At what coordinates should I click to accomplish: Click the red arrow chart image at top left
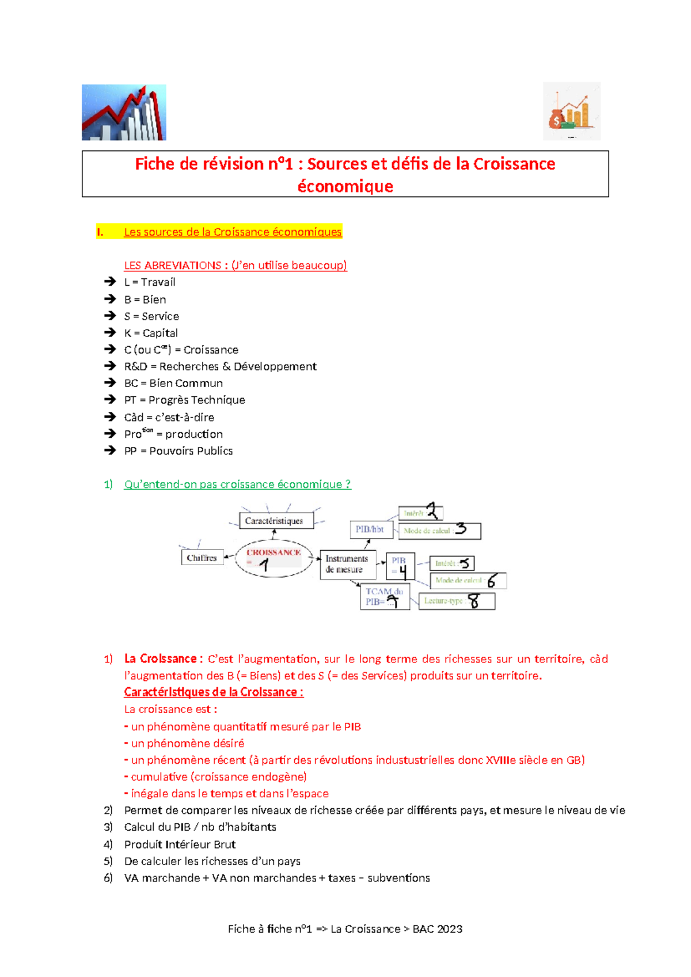(x=124, y=112)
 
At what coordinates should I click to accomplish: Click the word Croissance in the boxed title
(x=514, y=164)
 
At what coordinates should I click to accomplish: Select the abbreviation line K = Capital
(x=151, y=333)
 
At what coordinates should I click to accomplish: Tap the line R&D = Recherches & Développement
(x=220, y=366)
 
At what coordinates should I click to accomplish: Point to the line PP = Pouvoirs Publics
(x=179, y=451)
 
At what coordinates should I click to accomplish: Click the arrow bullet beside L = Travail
(x=110, y=282)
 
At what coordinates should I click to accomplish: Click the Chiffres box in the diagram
(x=202, y=558)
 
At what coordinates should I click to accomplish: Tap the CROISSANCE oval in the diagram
(x=274, y=558)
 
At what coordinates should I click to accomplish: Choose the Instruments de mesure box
(x=348, y=564)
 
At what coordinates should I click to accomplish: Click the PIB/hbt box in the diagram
(x=371, y=529)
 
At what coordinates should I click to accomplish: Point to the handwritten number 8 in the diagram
(x=474, y=601)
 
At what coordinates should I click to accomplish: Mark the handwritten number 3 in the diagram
(x=461, y=529)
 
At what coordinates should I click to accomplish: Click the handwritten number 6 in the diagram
(x=491, y=581)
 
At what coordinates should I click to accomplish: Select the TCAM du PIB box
(x=385, y=597)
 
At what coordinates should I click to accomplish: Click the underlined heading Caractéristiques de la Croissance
(x=214, y=692)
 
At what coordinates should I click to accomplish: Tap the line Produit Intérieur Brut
(x=180, y=845)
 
